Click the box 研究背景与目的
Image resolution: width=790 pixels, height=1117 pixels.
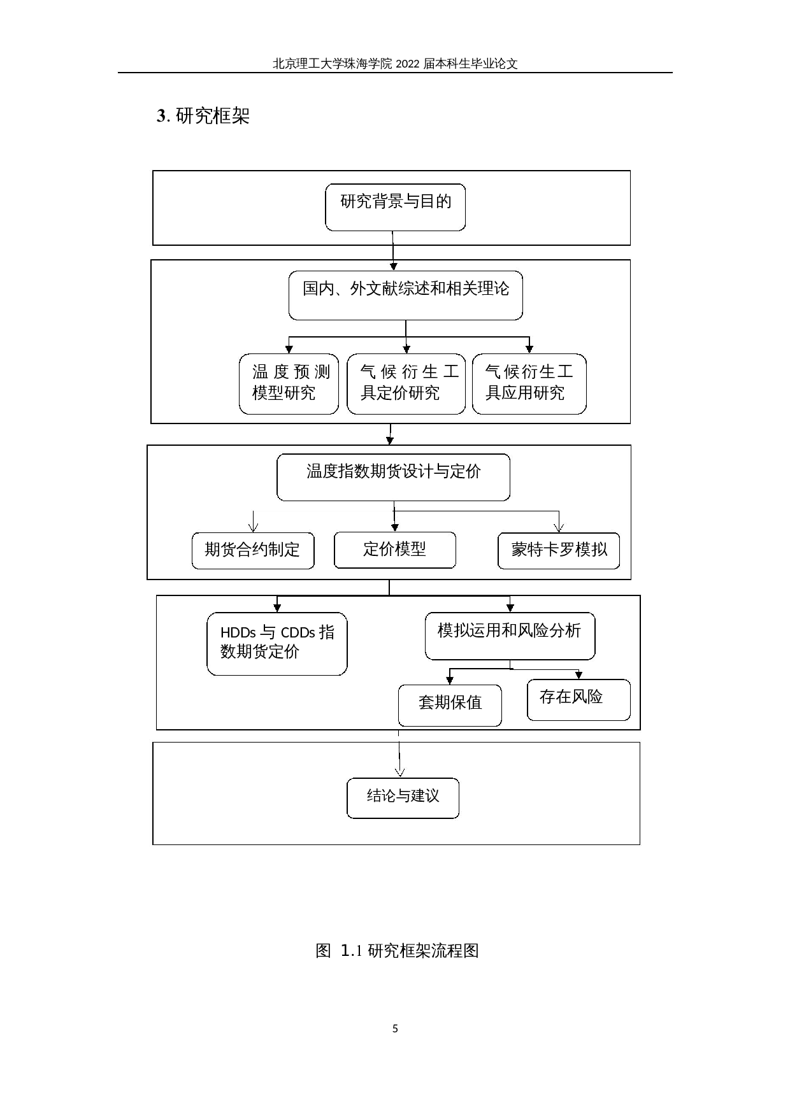(395, 207)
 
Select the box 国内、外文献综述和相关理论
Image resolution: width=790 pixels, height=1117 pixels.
(405, 295)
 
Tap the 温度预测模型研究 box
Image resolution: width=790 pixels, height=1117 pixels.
(289, 384)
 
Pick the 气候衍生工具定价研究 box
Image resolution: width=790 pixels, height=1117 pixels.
(406, 384)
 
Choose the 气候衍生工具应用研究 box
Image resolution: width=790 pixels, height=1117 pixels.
(529, 384)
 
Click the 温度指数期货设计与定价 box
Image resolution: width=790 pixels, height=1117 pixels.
(393, 477)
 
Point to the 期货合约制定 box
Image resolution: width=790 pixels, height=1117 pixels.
(253, 550)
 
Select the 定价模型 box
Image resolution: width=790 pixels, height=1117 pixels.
(395, 550)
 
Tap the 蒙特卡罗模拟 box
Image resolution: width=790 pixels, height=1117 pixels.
(558, 550)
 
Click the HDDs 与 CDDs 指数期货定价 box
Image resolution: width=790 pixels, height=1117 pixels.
(276, 643)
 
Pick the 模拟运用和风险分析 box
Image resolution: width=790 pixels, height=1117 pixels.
(510, 636)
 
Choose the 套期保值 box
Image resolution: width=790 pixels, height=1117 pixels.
(450, 704)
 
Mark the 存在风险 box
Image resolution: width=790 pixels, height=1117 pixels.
(578, 699)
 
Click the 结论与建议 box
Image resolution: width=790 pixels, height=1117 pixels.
(403, 797)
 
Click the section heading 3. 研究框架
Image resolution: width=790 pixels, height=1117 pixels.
(203, 116)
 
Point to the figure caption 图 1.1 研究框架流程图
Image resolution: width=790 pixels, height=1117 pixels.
(397, 951)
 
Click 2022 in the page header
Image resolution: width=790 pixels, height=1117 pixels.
(408, 64)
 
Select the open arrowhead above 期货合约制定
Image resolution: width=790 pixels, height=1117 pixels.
(253, 526)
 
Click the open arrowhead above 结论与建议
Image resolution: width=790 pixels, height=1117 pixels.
(399, 772)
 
